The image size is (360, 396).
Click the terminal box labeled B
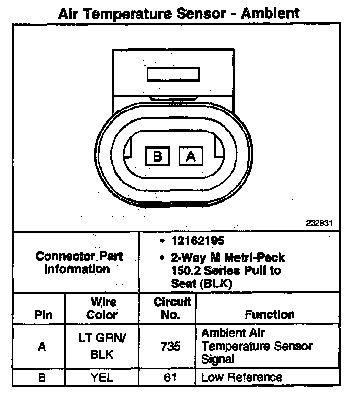tap(157, 156)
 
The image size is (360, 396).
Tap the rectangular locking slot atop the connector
tap(173, 75)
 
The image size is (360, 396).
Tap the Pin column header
tap(43, 315)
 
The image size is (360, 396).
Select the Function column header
tap(270, 314)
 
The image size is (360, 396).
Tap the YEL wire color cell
tap(102, 377)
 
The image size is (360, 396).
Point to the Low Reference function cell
tap(242, 377)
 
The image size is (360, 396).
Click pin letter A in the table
tap(42, 346)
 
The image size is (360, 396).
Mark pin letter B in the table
tap(42, 377)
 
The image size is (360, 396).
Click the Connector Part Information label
tap(79, 263)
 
